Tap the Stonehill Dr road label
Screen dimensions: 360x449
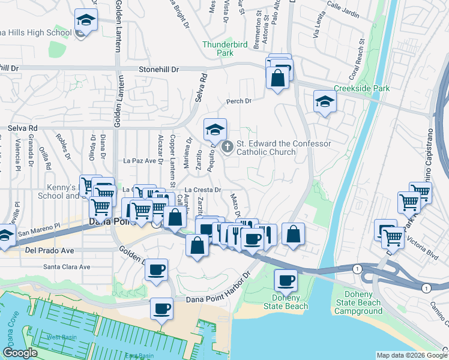click(159, 70)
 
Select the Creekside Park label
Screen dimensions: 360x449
click(370, 89)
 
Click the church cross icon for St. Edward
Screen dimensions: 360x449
click(228, 146)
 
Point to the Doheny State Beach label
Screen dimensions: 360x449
click(286, 302)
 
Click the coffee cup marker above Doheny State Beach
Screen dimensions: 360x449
click(286, 280)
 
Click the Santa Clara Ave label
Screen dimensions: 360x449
click(66, 267)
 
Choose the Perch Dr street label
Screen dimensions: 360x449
click(238, 101)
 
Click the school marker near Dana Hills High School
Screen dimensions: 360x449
click(86, 21)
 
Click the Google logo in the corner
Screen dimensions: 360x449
click(20, 353)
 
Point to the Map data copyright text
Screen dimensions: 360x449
click(411, 355)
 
